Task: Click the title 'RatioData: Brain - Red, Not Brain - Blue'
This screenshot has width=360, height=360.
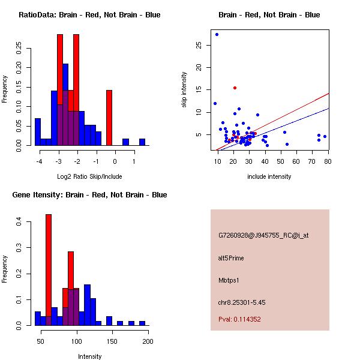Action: (x=89, y=15)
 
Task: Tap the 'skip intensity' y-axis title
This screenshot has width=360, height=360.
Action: (x=184, y=90)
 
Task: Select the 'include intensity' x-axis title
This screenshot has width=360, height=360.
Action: (x=269, y=176)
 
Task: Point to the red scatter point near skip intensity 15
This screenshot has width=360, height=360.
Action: (x=235, y=88)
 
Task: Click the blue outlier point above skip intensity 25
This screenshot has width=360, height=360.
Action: (x=217, y=34)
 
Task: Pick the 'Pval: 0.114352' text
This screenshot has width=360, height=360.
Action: (x=239, y=319)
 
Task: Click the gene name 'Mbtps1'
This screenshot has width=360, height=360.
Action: (x=229, y=280)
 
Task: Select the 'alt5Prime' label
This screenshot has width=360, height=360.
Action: (x=231, y=258)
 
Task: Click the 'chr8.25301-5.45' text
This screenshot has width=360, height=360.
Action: (x=242, y=302)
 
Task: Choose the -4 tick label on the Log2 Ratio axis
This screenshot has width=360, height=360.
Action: (x=40, y=161)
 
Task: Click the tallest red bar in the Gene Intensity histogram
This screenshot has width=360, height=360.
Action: (x=49, y=269)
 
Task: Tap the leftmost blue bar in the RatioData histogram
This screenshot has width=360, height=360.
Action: (x=38, y=131)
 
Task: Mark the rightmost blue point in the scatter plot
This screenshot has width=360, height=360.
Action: (x=325, y=136)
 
